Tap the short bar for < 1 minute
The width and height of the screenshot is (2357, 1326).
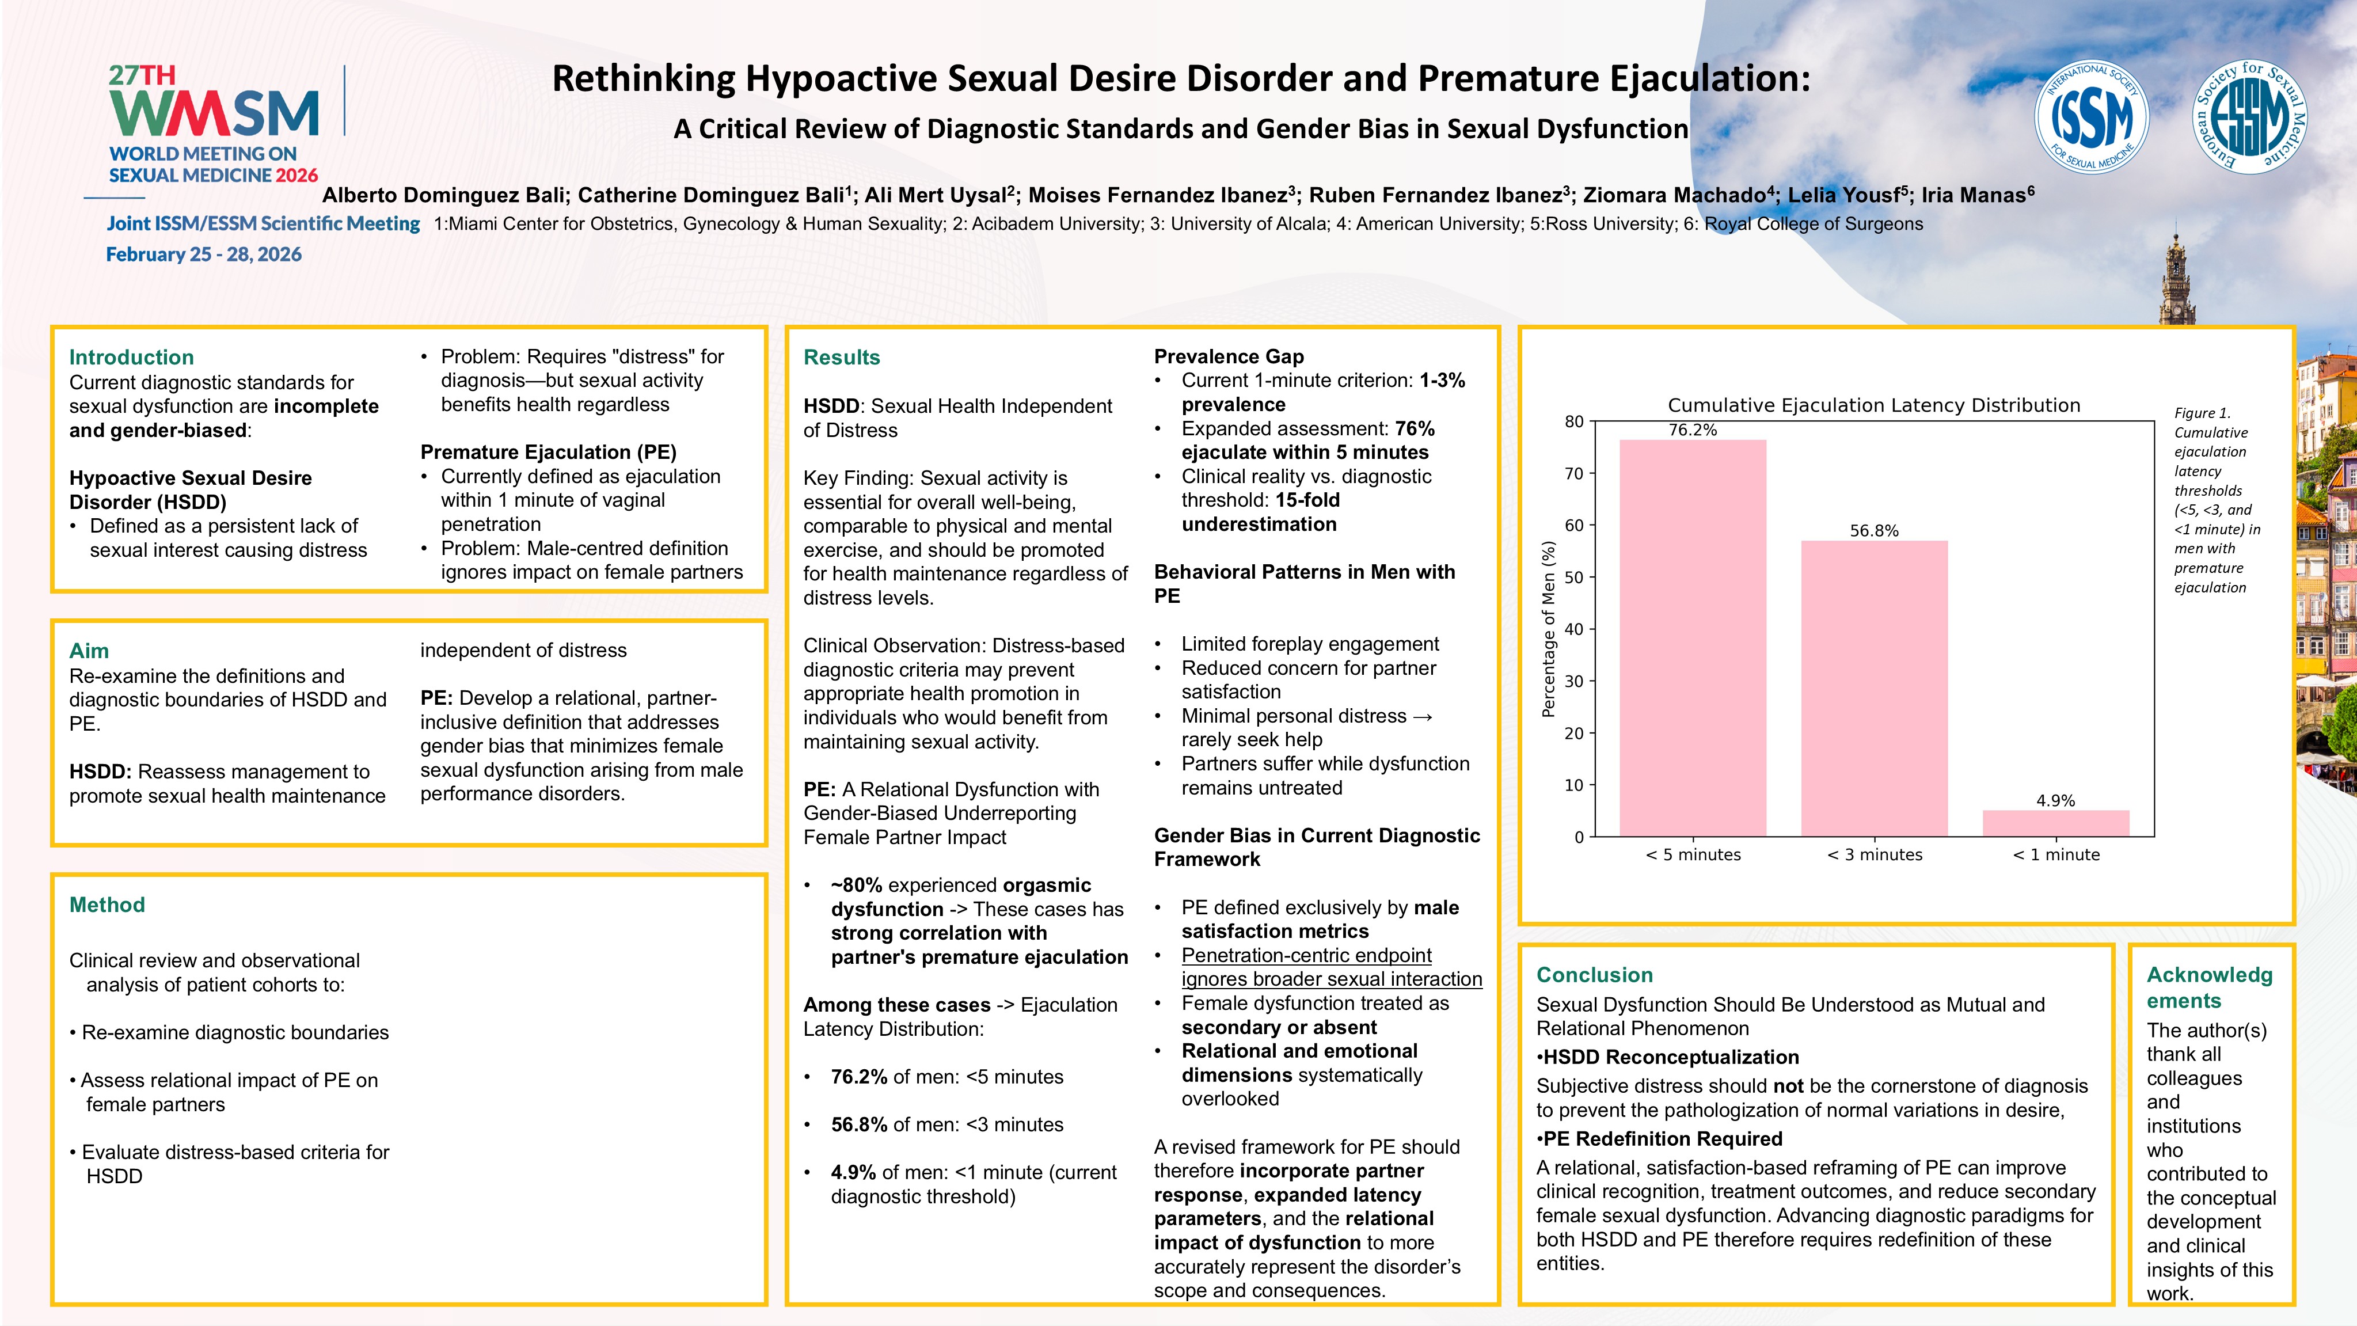point(2055,823)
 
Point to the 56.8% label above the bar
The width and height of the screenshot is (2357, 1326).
point(1874,531)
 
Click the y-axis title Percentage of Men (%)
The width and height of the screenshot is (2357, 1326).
point(1548,629)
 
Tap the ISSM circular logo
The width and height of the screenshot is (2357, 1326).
point(2091,117)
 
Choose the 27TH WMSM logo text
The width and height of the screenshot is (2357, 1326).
point(213,102)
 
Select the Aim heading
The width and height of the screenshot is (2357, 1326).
point(89,651)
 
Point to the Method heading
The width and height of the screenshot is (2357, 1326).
point(107,904)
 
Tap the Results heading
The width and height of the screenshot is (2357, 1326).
point(841,357)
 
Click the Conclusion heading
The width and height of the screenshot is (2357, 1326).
point(1594,975)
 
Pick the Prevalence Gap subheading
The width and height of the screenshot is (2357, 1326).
point(1228,356)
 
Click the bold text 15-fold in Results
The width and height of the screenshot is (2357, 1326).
point(1307,500)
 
